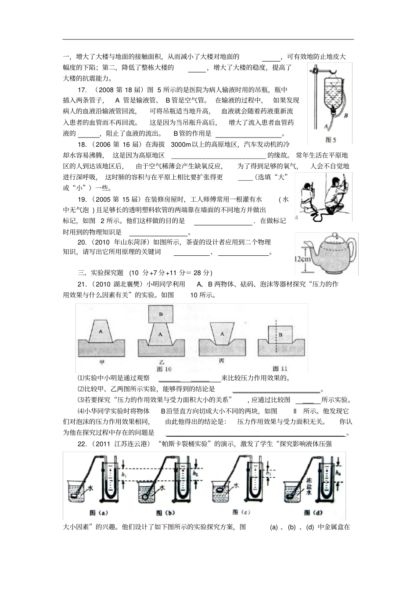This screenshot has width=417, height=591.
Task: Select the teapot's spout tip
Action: click(x=297, y=242)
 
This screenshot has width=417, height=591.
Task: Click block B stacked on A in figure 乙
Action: click(x=161, y=314)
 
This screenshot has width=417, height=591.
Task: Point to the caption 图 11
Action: click(x=280, y=369)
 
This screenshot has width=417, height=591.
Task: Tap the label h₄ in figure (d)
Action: click(x=338, y=473)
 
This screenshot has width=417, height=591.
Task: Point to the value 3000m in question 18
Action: click(x=181, y=144)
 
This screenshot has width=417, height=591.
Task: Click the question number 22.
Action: click(x=81, y=444)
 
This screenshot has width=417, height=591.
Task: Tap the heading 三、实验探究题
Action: click(x=101, y=273)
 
